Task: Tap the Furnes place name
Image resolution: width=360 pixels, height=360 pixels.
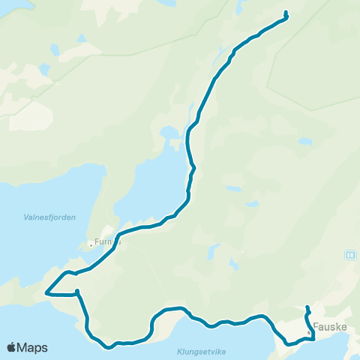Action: pyautogui.click(x=106, y=243)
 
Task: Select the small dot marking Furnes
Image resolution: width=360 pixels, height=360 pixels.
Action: pyautogui.click(x=90, y=243)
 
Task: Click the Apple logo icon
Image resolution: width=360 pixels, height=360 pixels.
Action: pyautogui.click(x=12, y=347)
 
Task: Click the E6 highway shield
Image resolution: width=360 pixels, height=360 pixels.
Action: pyautogui.click(x=349, y=255)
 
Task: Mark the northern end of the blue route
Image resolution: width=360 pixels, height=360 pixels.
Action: pyautogui.click(x=286, y=11)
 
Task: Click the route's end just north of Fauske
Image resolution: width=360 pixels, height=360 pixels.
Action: pyautogui.click(x=307, y=307)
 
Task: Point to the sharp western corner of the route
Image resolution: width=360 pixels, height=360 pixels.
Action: pyautogui.click(x=46, y=293)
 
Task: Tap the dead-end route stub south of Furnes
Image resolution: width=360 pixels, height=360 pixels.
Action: pyautogui.click(x=77, y=292)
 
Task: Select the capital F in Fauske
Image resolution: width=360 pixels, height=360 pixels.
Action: pyautogui.click(x=315, y=327)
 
